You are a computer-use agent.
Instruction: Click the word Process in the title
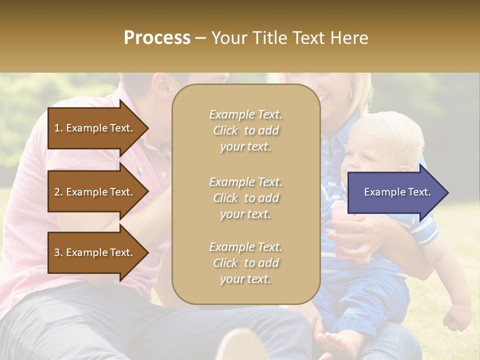[x=157, y=38]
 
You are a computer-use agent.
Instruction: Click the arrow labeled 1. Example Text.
[x=95, y=128]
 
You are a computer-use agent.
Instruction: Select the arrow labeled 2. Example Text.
[x=95, y=192]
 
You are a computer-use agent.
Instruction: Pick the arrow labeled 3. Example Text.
[x=95, y=252]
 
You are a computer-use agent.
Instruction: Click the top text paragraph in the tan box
[x=245, y=130]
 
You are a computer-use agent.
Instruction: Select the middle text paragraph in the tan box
[x=245, y=198]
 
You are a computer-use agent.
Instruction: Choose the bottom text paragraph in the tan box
[x=245, y=263]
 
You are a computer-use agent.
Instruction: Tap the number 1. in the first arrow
[x=58, y=128]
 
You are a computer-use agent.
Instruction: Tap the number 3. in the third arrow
[x=58, y=252]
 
